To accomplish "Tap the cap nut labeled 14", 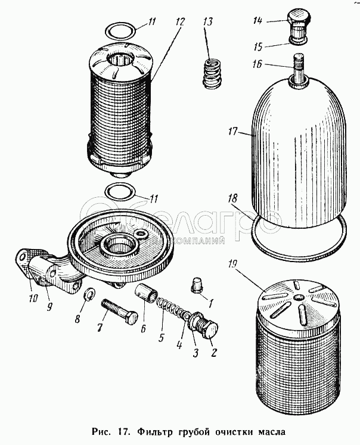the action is tap(297, 24).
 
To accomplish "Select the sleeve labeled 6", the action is tap(148, 294).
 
